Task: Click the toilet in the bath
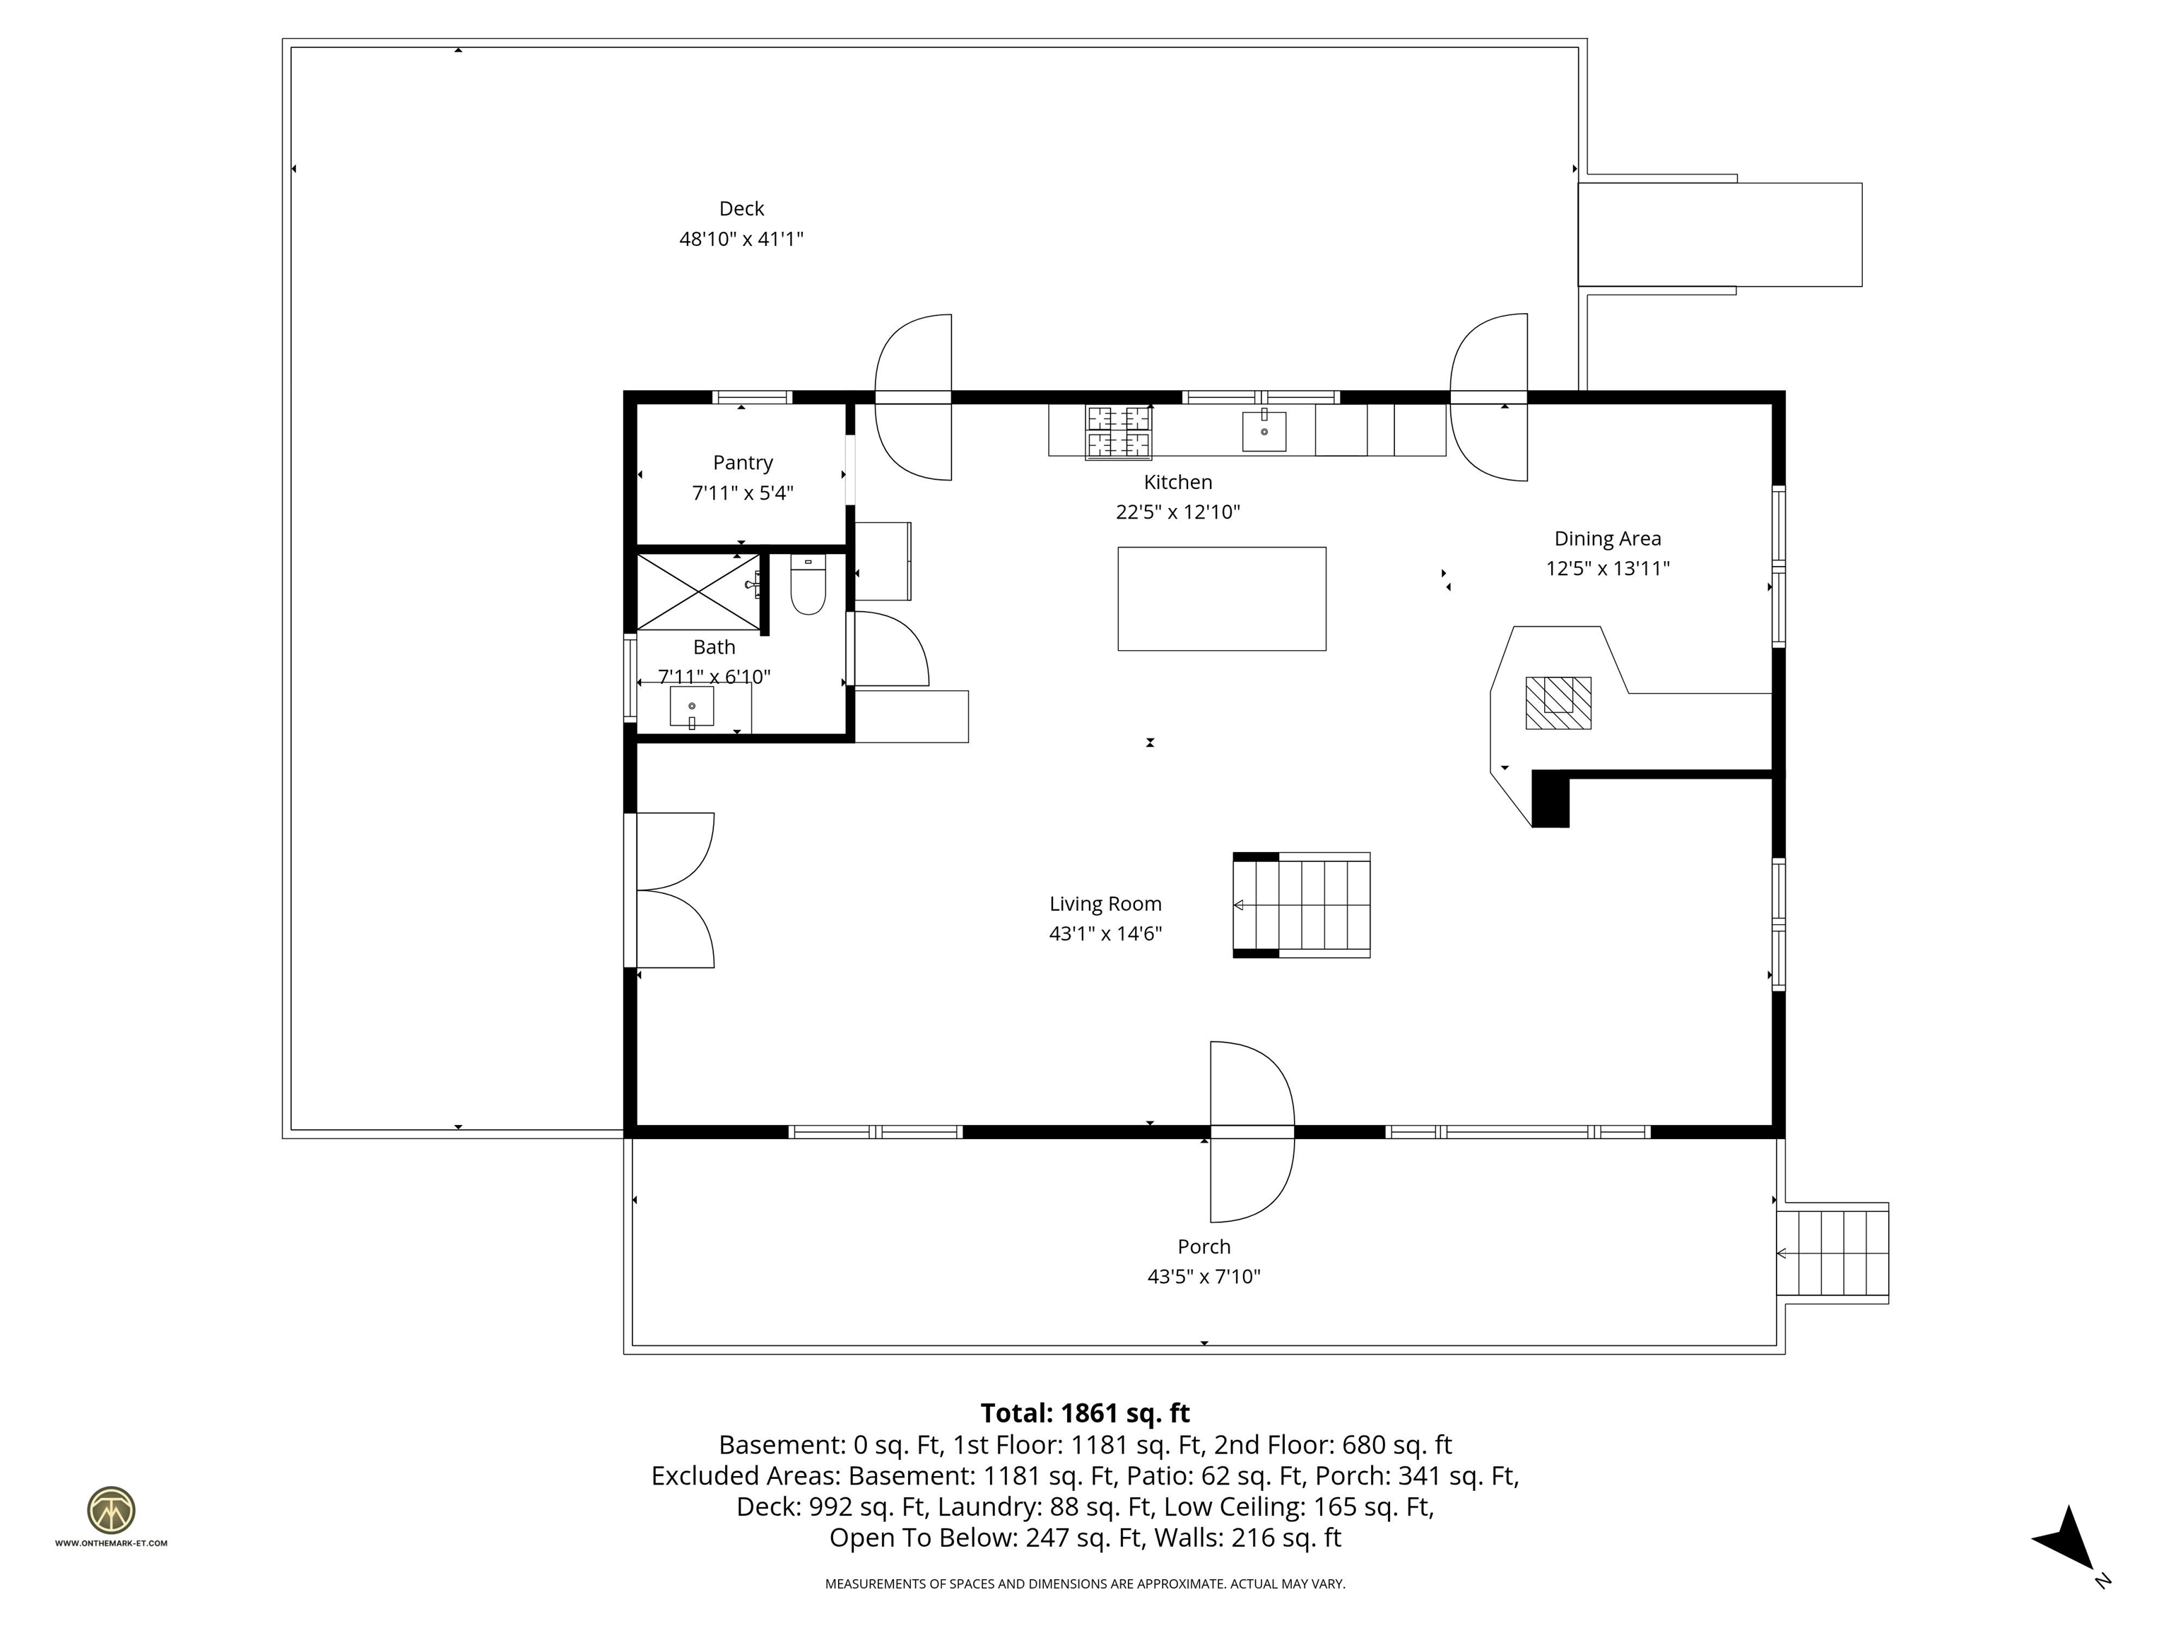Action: [x=808, y=586]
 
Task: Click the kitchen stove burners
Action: [x=1118, y=432]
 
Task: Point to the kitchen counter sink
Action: [x=1264, y=432]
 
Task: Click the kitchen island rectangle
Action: [x=1222, y=598]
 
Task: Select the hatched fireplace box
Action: [x=1558, y=702]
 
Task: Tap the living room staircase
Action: [x=1302, y=904]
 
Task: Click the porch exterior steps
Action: [x=1833, y=1253]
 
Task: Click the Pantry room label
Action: [x=743, y=462]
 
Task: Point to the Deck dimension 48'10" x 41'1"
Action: [x=741, y=238]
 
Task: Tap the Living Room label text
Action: [x=1105, y=904]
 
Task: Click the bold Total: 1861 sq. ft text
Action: [x=1085, y=1413]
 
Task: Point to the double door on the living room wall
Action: [x=673, y=890]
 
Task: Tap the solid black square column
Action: [x=1550, y=798]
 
